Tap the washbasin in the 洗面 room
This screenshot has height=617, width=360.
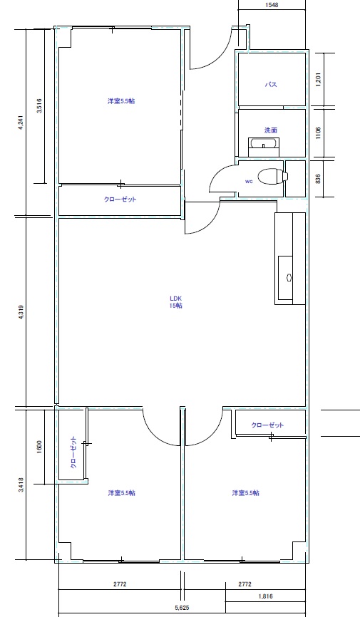(x=264, y=147)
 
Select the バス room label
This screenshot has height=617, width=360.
(x=271, y=85)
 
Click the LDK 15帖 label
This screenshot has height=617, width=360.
(x=175, y=302)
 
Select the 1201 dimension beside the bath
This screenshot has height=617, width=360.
(x=318, y=79)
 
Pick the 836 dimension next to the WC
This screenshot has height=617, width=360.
(x=318, y=178)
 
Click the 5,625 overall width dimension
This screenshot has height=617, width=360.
(x=182, y=608)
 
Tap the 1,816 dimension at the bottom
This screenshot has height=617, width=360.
(x=265, y=596)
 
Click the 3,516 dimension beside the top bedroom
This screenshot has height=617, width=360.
(x=39, y=105)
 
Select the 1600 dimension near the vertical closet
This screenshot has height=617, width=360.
(x=39, y=447)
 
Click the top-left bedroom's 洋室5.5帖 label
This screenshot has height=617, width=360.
(x=121, y=101)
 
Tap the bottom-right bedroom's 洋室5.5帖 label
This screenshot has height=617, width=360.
(x=246, y=492)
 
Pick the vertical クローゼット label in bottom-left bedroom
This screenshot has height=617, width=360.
(x=73, y=452)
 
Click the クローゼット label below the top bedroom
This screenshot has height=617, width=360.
(x=120, y=199)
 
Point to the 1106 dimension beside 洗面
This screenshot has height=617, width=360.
(x=318, y=133)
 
